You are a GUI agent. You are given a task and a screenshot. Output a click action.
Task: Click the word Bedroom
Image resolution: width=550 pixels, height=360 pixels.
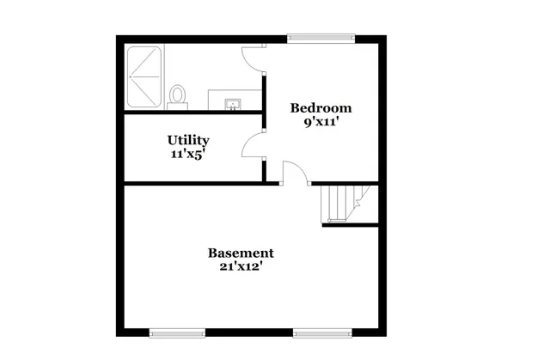pos(321,108)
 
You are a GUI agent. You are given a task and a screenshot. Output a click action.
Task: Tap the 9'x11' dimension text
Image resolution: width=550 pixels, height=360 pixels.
pos(321,122)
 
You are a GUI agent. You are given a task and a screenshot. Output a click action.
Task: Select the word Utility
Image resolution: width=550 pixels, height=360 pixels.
pos(188,140)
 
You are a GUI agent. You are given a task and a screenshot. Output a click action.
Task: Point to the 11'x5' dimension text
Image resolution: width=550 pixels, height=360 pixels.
pos(188,154)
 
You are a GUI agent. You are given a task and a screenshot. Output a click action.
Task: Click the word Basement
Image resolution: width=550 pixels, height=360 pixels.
pos(241,253)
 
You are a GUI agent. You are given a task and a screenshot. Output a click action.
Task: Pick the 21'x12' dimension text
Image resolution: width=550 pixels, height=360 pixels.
pos(241,267)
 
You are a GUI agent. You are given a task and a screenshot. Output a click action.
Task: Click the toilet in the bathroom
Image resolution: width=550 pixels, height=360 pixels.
pos(178,95)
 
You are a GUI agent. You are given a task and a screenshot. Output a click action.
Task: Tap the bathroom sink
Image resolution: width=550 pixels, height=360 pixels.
pos(232,104)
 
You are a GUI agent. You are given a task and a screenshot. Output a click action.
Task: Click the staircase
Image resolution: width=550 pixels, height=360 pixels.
pos(341,204)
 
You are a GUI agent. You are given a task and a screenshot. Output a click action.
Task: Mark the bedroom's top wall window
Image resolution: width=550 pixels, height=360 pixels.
pos(321,37)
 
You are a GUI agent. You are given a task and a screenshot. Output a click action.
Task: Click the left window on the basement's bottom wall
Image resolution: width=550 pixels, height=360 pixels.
pos(177,333)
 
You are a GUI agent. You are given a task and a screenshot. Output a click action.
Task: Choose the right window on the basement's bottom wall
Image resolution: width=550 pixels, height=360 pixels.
pos(322,333)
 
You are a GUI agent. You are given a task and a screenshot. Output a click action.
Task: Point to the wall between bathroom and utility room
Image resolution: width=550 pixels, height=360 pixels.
pos(193,112)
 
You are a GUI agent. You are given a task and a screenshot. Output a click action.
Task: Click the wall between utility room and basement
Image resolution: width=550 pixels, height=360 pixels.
pos(193,183)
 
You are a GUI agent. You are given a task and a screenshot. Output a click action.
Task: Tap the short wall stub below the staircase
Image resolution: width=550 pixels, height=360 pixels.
pos(350,225)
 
